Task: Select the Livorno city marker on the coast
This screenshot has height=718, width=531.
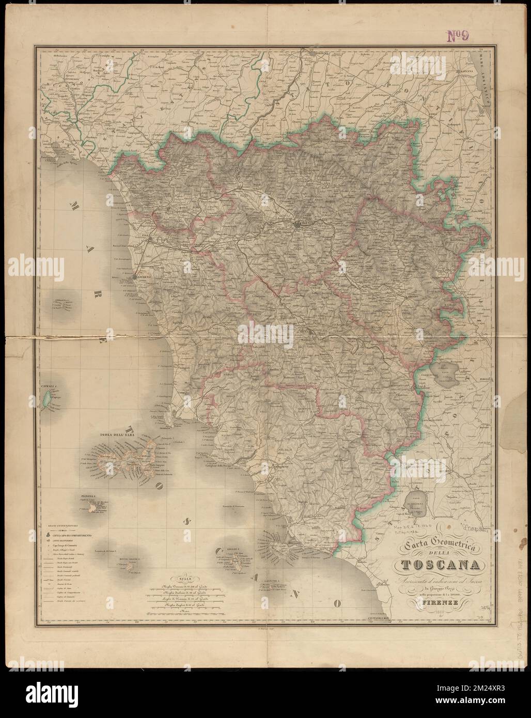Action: [x=135, y=277]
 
